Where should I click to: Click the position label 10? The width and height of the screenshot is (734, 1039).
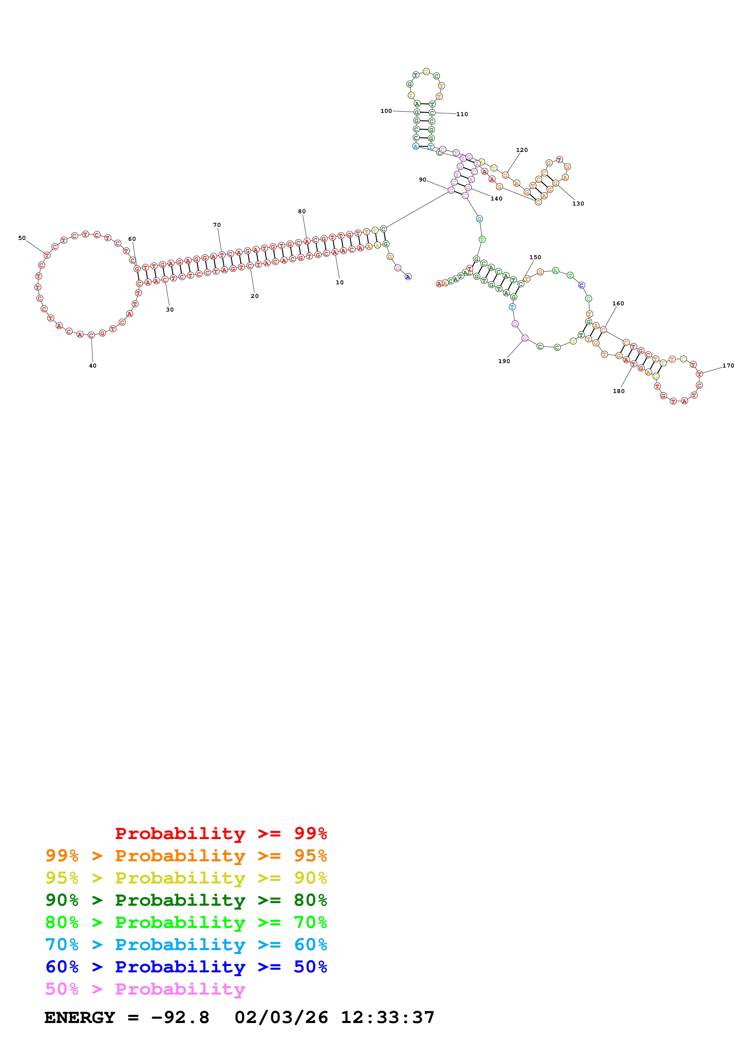click(340, 282)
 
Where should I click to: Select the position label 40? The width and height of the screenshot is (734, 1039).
click(93, 366)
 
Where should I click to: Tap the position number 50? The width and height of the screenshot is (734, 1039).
click(22, 238)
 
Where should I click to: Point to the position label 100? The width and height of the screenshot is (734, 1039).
click(386, 111)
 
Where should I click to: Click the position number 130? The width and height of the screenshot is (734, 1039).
click(578, 204)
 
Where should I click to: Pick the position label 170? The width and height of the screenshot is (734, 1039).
click(728, 366)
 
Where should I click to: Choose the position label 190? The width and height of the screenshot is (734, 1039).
click(504, 361)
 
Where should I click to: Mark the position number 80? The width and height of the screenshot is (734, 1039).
click(302, 211)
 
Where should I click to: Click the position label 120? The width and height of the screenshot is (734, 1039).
click(522, 150)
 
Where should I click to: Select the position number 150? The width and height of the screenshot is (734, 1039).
click(535, 257)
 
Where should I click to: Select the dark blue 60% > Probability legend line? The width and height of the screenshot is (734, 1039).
click(186, 967)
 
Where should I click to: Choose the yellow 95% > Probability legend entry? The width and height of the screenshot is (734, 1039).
click(186, 878)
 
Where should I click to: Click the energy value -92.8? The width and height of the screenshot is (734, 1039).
click(180, 1017)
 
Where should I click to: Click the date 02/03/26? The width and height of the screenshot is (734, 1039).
click(281, 1017)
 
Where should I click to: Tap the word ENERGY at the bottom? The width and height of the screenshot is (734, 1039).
click(80, 1017)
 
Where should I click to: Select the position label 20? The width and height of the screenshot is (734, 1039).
click(255, 296)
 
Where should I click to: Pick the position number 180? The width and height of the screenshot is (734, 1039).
click(619, 391)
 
